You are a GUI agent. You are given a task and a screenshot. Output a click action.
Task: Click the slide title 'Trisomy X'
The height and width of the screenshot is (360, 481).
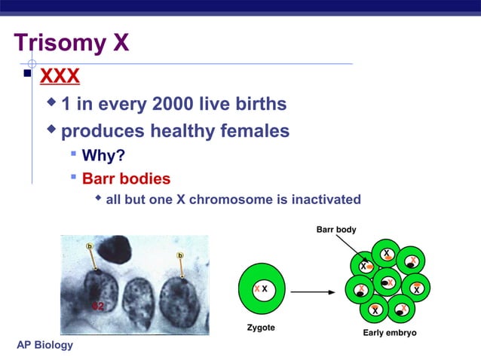72,42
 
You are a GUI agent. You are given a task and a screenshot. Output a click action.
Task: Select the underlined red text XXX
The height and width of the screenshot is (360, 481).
60,77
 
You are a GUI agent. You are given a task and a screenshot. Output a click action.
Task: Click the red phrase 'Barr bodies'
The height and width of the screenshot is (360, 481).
126,179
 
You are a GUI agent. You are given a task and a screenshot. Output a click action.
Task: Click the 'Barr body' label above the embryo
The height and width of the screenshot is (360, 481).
336,229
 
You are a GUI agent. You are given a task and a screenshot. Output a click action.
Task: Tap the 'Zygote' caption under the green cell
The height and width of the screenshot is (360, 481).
261,328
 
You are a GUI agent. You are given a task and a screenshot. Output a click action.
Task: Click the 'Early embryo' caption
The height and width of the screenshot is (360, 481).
390,332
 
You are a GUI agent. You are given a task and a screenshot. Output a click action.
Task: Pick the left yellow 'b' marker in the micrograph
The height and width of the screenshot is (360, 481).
90,246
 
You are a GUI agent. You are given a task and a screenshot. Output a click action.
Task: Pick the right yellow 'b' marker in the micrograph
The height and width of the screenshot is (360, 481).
179,256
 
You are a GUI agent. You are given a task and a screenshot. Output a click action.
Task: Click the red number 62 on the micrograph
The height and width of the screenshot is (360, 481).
97,306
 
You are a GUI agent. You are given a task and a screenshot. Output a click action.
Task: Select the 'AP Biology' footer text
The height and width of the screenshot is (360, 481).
45,345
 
